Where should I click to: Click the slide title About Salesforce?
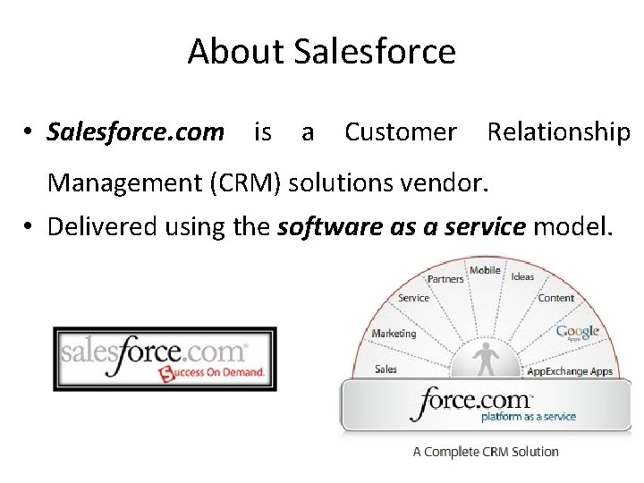[321, 52]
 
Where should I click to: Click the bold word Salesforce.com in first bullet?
[136, 132]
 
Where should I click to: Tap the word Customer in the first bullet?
[400, 132]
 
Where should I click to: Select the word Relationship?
[558, 132]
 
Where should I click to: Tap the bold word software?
[324, 227]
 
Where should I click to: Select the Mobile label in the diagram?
[485, 270]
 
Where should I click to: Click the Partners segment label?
[445, 279]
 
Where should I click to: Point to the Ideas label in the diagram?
[522, 276]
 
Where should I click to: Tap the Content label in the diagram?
[556, 298]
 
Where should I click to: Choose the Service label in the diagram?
[413, 298]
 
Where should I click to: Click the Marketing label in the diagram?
[394, 334]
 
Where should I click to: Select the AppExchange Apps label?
[570, 371]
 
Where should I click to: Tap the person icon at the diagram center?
[487, 359]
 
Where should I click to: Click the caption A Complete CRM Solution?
[486, 452]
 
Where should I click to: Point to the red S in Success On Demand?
[165, 373]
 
